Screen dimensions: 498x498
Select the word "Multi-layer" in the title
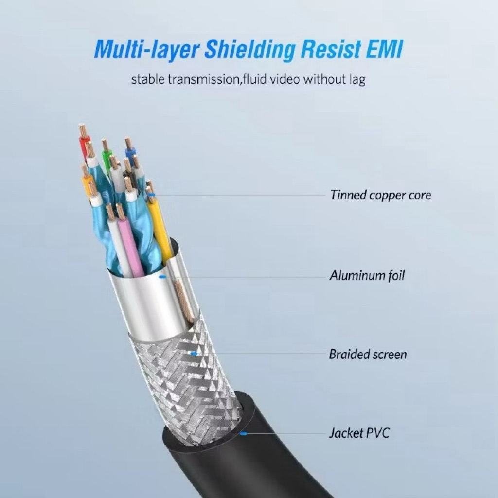147,50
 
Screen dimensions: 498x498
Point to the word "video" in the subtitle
285,79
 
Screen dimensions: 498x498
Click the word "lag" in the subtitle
357,80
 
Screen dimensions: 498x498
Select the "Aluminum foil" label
367,275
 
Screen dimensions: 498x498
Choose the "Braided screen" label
368,354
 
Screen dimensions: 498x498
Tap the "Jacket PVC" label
359,433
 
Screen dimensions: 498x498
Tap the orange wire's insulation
87,187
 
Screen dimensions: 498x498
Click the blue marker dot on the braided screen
193,354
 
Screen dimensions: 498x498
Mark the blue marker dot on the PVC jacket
243,433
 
